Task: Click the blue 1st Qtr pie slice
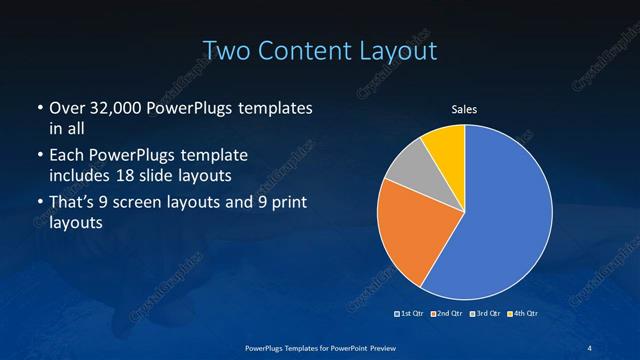(505, 215)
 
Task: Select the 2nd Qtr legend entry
(447, 314)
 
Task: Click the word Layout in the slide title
(394, 49)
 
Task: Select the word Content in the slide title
(301, 49)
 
